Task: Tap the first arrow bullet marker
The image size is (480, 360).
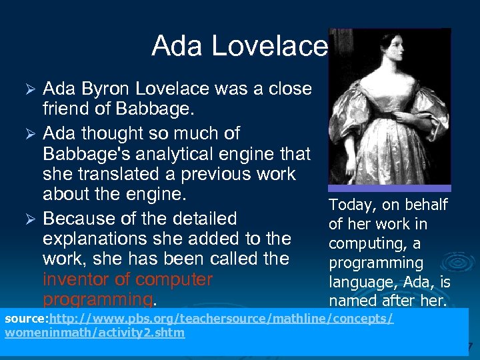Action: pyautogui.click(x=29, y=89)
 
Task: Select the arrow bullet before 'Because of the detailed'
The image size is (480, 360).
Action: pyautogui.click(x=29, y=219)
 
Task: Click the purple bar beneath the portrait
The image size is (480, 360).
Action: pyautogui.click(x=390, y=189)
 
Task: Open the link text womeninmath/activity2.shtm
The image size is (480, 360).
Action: pyautogui.click(x=95, y=333)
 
